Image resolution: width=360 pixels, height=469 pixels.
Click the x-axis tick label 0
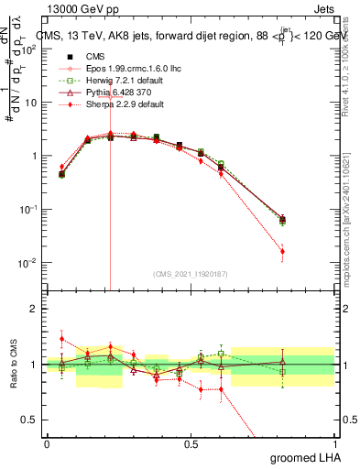pyautogui.click(x=47, y=444)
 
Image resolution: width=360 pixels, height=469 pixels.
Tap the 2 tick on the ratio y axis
pyautogui.click(x=33, y=309)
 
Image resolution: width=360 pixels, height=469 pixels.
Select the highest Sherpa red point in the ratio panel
pyautogui.click(x=61, y=339)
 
